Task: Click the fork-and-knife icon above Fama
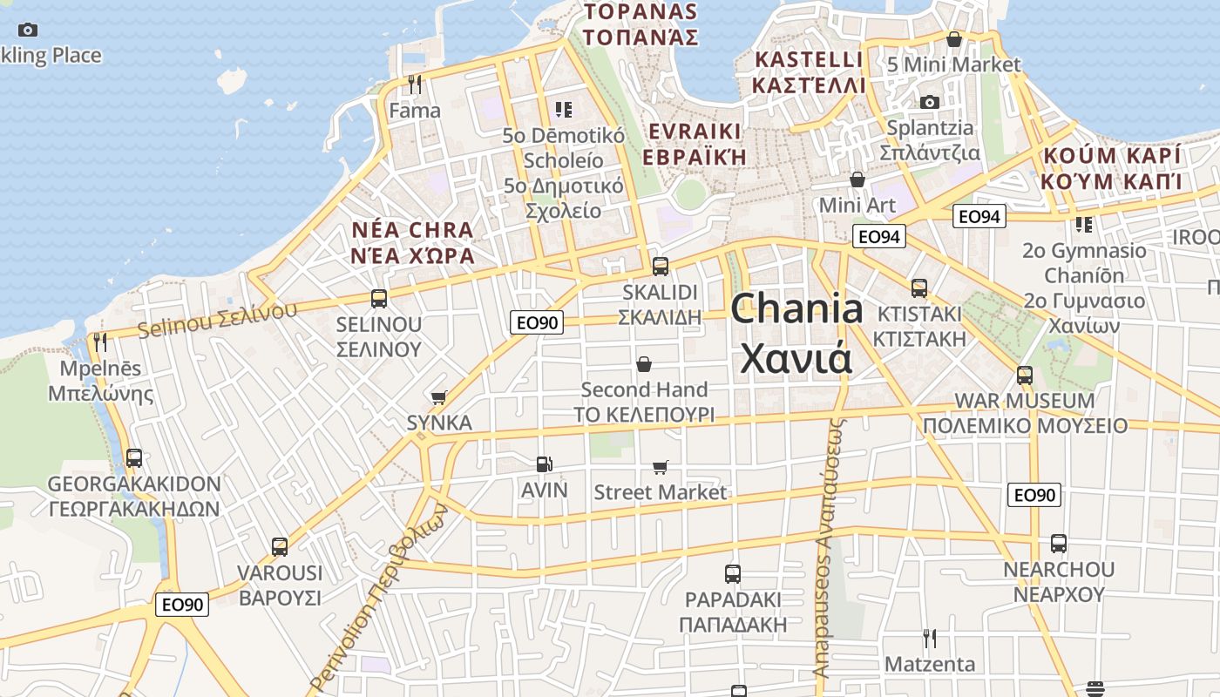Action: (415, 85)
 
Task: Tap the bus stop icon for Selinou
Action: (379, 299)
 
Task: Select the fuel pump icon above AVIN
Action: (545, 465)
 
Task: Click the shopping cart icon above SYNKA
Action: (439, 398)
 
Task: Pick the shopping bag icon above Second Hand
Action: (644, 364)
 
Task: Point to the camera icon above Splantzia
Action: (930, 102)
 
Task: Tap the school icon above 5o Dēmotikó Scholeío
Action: (564, 110)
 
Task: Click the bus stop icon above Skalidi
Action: (661, 267)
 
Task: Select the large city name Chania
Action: (797, 310)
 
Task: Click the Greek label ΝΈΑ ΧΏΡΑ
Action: (412, 256)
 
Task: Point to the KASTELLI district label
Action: (809, 60)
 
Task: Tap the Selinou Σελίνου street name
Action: (217, 320)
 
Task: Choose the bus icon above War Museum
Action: (1025, 376)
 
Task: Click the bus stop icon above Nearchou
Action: (1059, 544)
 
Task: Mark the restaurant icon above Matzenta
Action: (930, 639)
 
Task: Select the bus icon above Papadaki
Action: (733, 574)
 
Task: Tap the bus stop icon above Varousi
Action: (280, 547)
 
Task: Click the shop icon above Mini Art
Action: (857, 180)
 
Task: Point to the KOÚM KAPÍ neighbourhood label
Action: (1111, 156)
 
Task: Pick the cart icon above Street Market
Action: (661, 468)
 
